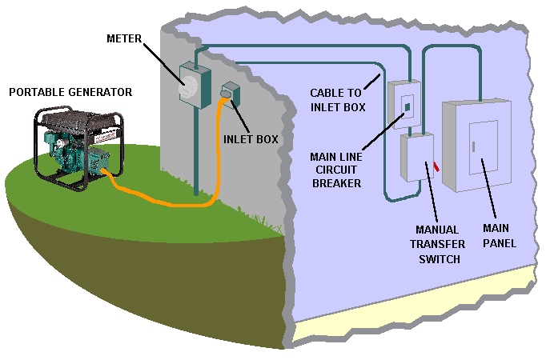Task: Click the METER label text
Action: tap(126, 38)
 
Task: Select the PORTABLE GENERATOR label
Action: tap(70, 93)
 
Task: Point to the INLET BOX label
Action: tap(251, 138)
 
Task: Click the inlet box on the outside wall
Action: tap(230, 94)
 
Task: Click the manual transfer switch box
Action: tap(416, 158)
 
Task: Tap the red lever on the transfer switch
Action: tap(436, 166)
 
